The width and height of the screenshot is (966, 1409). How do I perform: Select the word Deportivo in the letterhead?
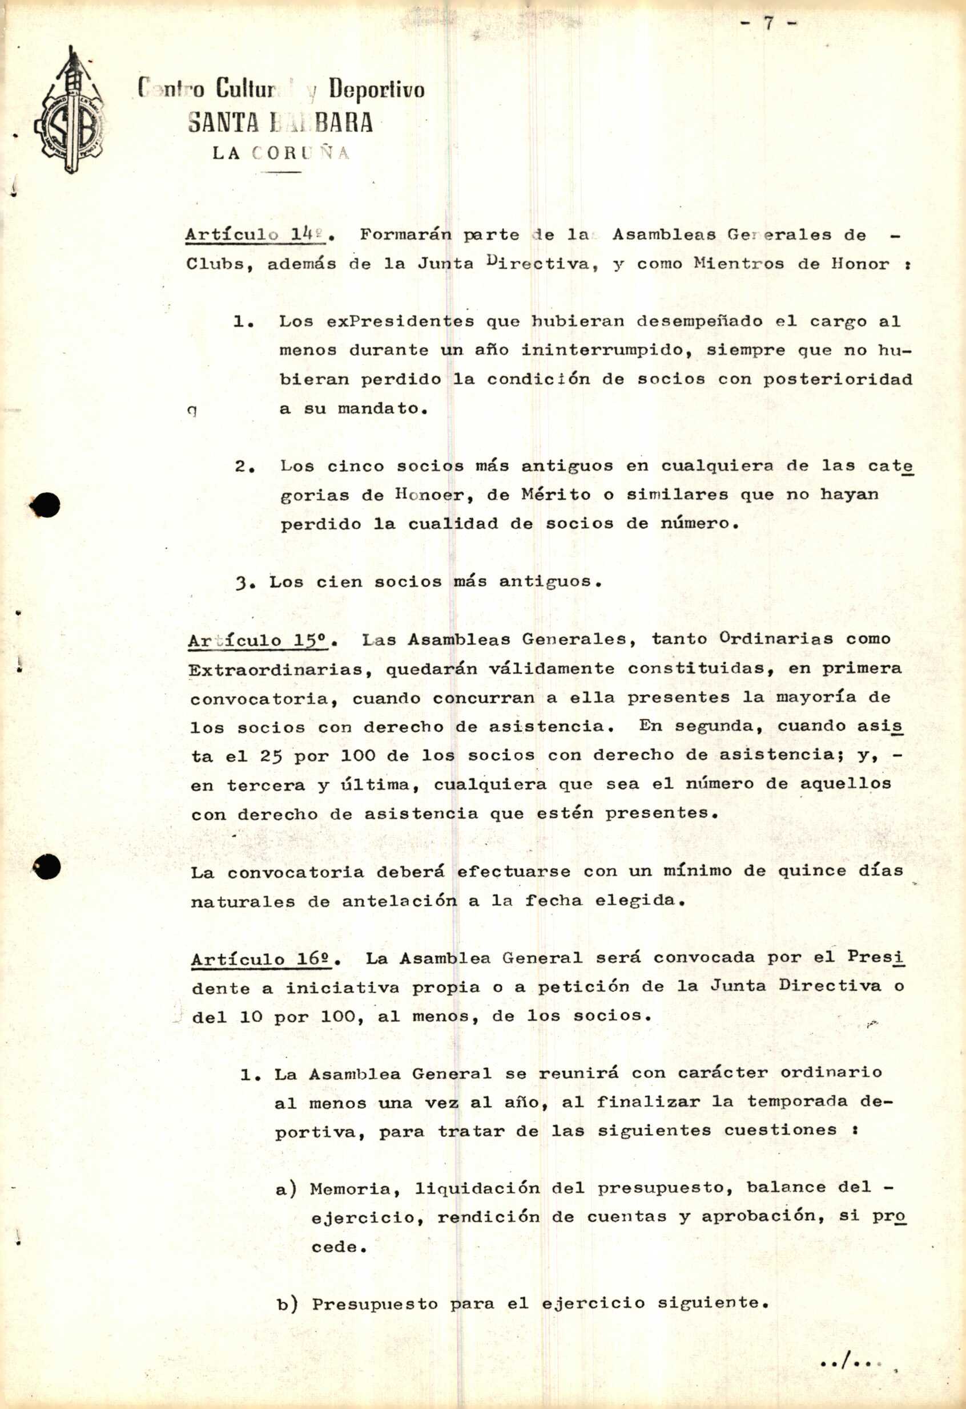(x=376, y=90)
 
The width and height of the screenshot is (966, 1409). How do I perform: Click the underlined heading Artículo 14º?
(x=255, y=234)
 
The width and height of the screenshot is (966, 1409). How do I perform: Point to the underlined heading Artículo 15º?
(x=257, y=640)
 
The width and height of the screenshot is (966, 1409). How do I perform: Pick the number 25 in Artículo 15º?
(x=271, y=756)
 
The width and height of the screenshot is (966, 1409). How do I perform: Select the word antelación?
(x=399, y=901)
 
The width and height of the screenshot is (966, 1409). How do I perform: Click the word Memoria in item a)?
(x=355, y=1188)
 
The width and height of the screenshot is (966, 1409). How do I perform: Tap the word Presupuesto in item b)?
(x=375, y=1303)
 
